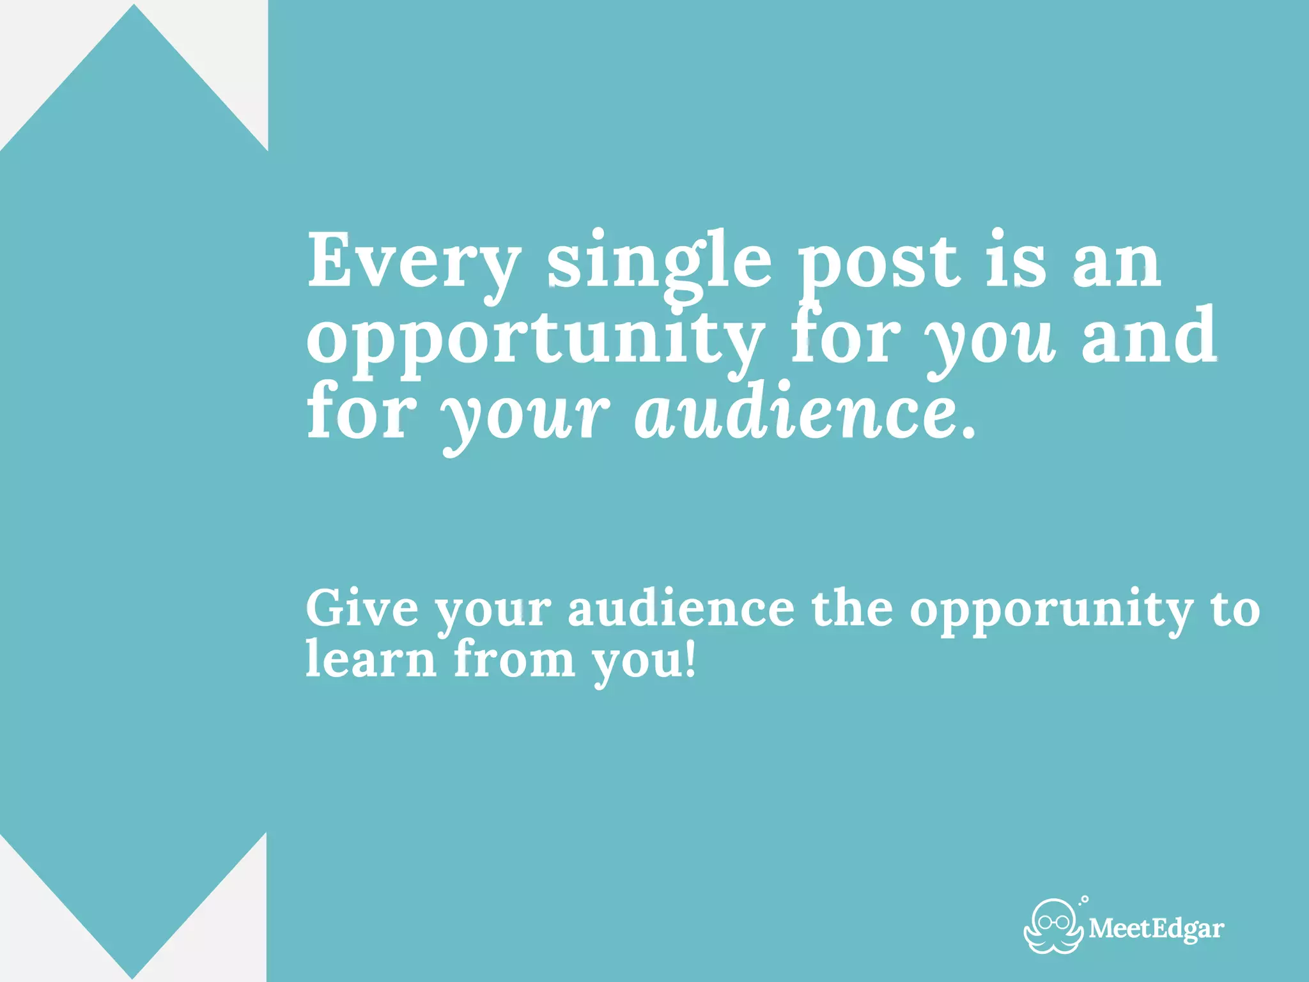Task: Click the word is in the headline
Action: click(1016, 262)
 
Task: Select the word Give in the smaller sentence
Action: click(362, 608)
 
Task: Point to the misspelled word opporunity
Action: click(1051, 611)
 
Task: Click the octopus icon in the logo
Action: click(1053, 926)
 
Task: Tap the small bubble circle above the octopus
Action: click(1085, 900)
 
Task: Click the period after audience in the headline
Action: click(970, 434)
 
